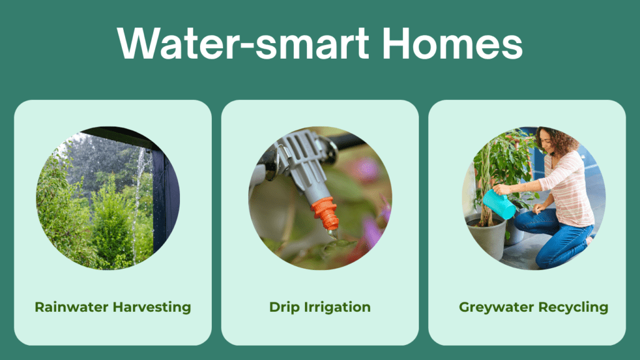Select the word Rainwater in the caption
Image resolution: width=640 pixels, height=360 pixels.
point(71,307)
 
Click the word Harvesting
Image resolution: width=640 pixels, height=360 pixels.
point(152,307)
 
